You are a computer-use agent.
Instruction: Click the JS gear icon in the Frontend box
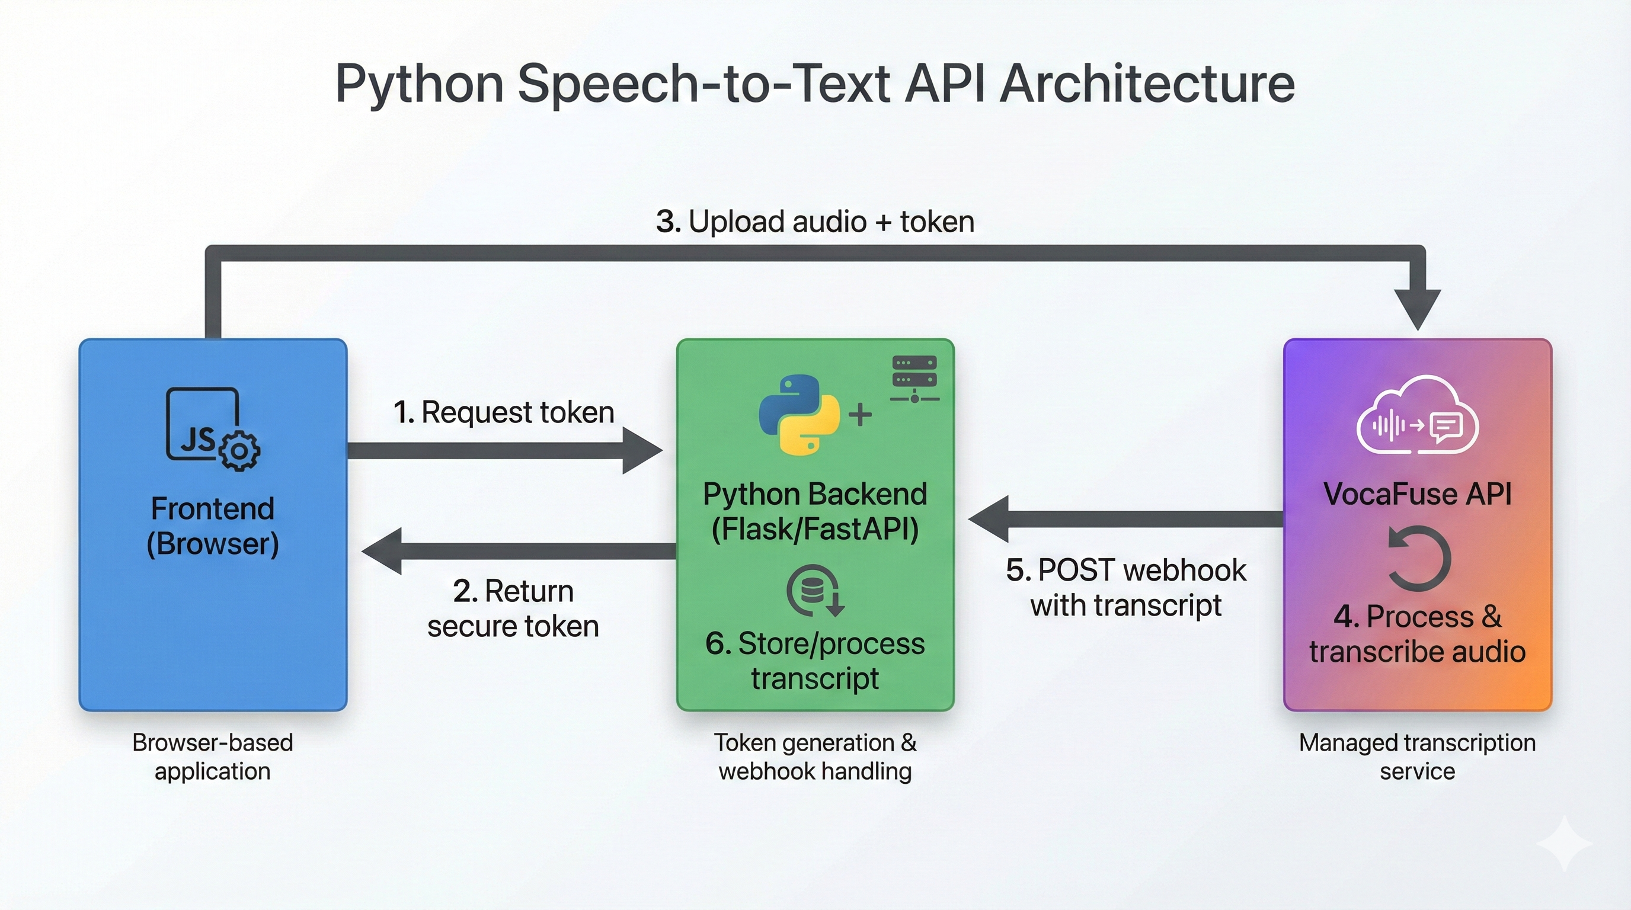[213, 429]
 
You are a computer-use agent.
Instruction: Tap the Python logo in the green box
[799, 415]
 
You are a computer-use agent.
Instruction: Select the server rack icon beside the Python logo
[914, 379]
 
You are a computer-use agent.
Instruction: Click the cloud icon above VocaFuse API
[1417, 416]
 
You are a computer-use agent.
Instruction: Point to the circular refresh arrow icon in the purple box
[1418, 558]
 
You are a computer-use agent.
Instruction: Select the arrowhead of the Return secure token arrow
[382, 550]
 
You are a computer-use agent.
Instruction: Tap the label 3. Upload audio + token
[815, 222]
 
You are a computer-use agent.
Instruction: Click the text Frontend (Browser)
[213, 526]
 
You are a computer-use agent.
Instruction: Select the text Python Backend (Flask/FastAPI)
[815, 511]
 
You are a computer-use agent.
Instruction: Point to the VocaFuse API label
[1417, 494]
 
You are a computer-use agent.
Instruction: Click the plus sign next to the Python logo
[860, 415]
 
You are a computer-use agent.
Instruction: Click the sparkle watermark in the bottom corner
[1564, 843]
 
